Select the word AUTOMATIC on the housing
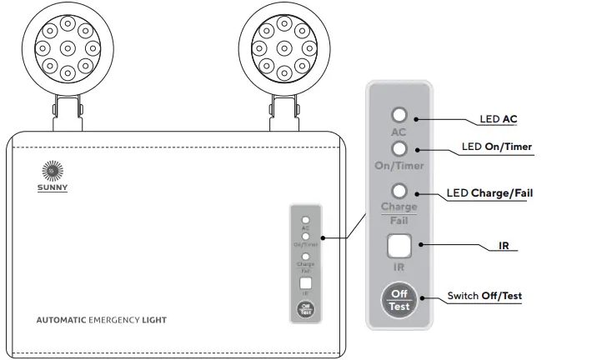(62, 320)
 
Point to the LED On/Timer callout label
(497, 147)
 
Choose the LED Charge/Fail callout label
(489, 193)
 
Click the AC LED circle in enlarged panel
(399, 115)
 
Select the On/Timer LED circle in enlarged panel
(399, 148)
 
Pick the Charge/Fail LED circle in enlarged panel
(399, 191)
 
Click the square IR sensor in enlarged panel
(399, 245)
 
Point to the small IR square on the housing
(306, 283)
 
